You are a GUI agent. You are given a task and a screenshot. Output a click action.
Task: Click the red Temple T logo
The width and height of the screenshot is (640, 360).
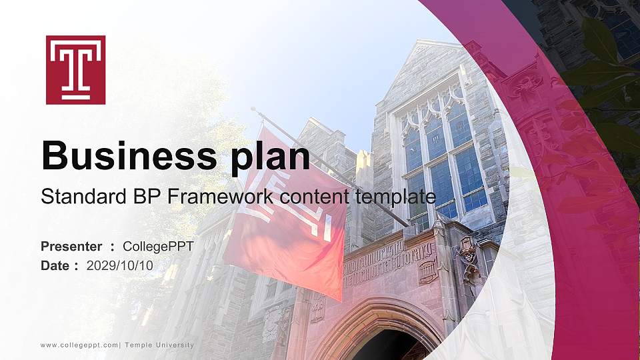pyautogui.click(x=75, y=70)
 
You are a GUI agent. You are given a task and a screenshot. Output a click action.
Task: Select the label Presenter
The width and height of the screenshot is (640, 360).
pyautogui.click(x=71, y=247)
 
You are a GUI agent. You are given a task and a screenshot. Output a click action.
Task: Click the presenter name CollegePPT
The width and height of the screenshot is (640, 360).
pyautogui.click(x=158, y=247)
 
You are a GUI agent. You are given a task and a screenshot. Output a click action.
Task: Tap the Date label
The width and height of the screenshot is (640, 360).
pyautogui.click(x=55, y=265)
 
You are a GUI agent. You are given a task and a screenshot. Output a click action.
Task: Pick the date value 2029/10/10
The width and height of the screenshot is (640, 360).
pyautogui.click(x=119, y=265)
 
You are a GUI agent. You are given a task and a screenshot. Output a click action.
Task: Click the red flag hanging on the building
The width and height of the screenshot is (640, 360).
pyautogui.click(x=287, y=213)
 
